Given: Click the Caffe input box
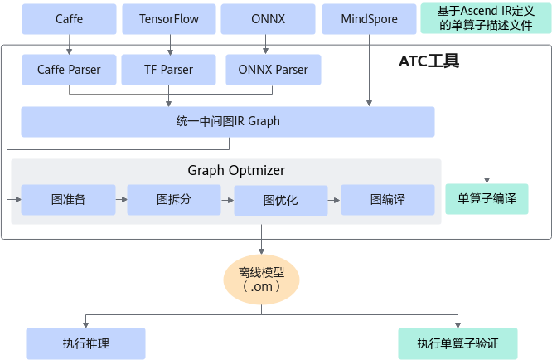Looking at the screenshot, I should click(x=69, y=19).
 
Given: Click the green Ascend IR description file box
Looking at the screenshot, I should click(x=486, y=18).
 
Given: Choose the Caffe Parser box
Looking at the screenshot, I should click(x=69, y=70).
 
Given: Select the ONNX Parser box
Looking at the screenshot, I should click(x=274, y=70).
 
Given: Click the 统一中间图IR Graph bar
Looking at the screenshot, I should click(x=228, y=121).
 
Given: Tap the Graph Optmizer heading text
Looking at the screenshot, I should click(x=236, y=171).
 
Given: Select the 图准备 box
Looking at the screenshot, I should click(x=69, y=200).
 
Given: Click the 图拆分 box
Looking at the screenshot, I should click(x=174, y=200).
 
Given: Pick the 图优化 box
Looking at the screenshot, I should click(x=280, y=200).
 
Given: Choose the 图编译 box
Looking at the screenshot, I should click(x=387, y=200).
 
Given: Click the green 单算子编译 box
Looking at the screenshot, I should click(x=487, y=199).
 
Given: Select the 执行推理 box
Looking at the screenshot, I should click(x=85, y=343).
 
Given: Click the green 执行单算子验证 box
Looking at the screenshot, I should click(x=457, y=343).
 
